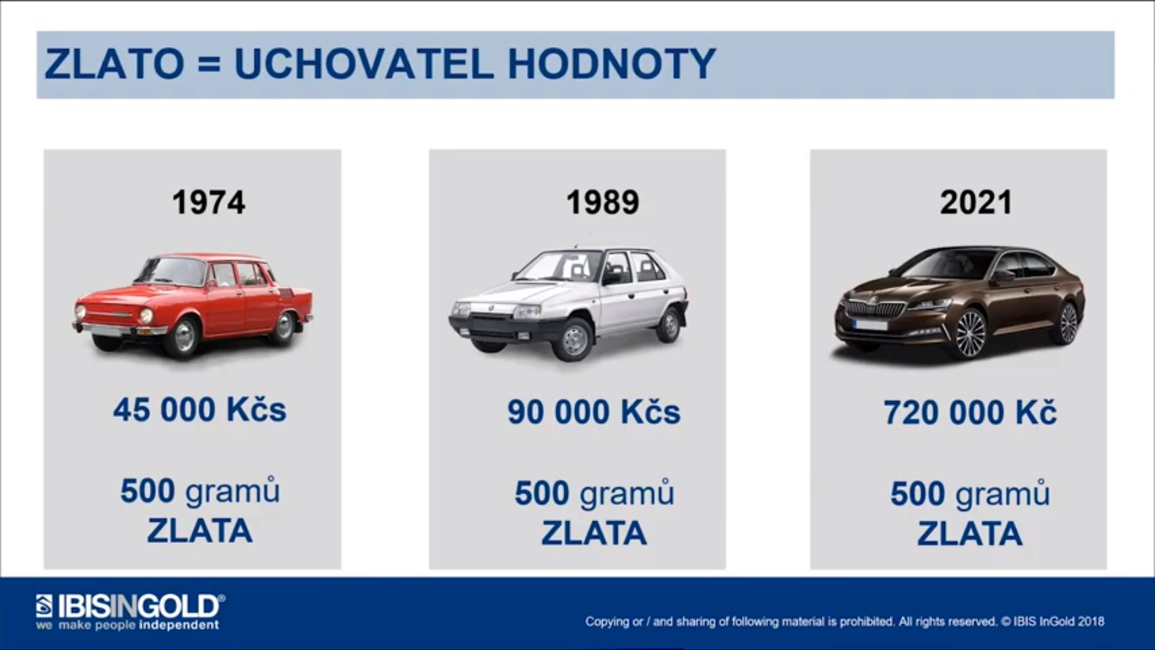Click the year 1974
tap(209, 202)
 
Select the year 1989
tap(603, 202)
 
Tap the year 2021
tap(976, 202)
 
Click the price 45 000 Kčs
tap(200, 410)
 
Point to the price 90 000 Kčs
tap(594, 412)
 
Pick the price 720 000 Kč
tap(970, 413)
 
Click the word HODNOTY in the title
tap(612, 64)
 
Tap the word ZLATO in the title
tap(114, 64)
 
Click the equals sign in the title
tap(209, 64)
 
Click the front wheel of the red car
tap(182, 336)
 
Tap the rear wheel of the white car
tap(670, 324)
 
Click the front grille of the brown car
tap(876, 309)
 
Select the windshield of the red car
tap(173, 271)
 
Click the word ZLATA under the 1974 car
tap(200, 531)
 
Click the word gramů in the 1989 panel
tap(627, 494)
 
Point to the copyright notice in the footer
tap(845, 622)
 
